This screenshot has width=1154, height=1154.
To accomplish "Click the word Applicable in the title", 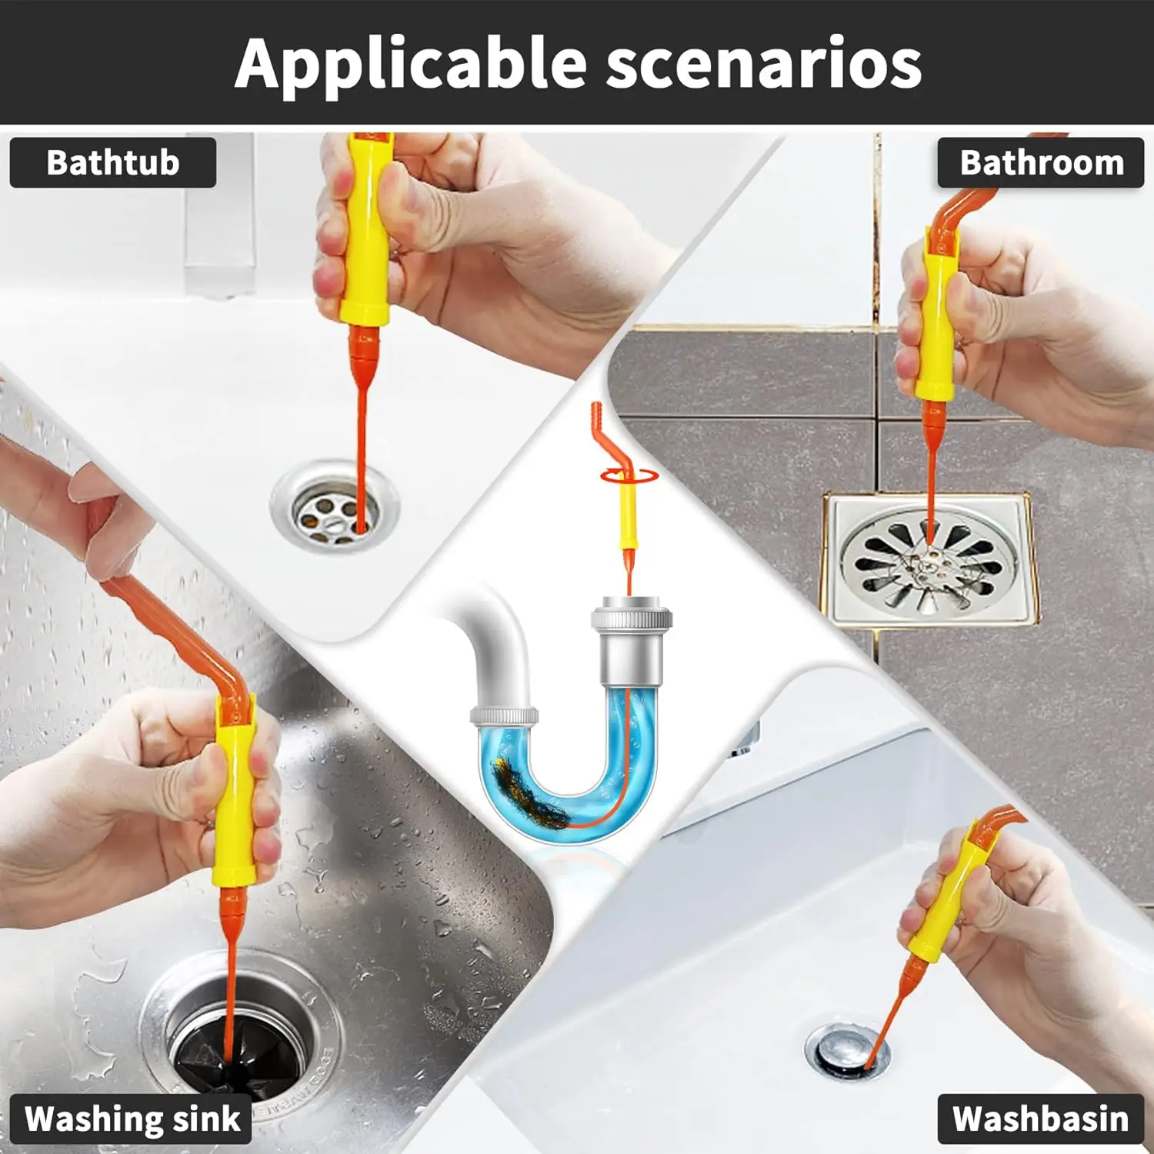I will tap(412, 64).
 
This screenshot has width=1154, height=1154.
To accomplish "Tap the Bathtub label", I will tap(113, 162).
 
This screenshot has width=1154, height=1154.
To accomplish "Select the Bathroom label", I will tap(1041, 163).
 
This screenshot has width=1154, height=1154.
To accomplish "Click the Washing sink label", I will tap(132, 1119).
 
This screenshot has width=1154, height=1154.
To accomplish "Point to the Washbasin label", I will tap(1040, 1119).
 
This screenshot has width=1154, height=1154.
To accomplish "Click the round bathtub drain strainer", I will tap(335, 506).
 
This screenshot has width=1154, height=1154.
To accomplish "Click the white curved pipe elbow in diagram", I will tap(492, 639).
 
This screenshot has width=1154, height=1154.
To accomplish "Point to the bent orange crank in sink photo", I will tap(177, 631).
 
